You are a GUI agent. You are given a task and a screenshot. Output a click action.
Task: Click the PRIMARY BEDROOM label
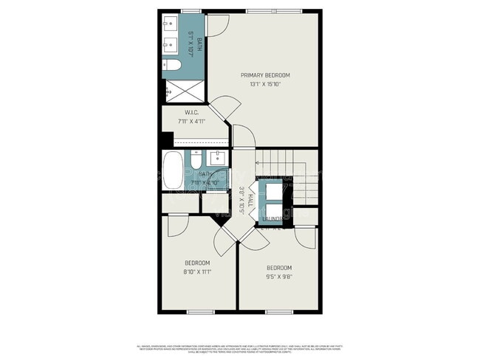tap(265, 75)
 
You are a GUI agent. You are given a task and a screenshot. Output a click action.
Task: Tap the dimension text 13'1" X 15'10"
tap(265, 84)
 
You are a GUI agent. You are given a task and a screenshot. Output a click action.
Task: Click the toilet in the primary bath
tap(172, 66)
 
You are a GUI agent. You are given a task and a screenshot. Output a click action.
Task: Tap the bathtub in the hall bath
tap(172, 171)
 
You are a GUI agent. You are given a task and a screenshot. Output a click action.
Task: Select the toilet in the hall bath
tap(196, 161)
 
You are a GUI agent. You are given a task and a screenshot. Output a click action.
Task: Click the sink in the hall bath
tap(218, 158)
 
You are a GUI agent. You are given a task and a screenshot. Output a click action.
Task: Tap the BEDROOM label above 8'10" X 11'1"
tap(197, 263)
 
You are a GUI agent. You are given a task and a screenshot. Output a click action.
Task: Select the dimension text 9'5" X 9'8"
tap(279, 277)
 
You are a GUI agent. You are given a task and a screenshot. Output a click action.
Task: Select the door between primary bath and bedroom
tap(216, 25)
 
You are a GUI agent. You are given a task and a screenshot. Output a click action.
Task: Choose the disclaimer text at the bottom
tap(240, 347)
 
